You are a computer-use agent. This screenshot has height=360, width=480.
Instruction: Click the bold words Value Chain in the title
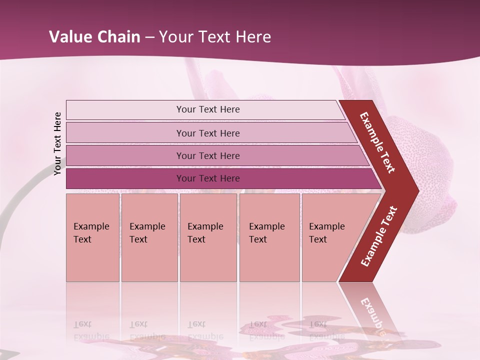coord(94,37)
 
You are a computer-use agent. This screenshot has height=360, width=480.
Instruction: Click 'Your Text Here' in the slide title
coord(215,37)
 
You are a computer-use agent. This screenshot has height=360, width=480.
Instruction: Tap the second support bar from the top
coord(208,133)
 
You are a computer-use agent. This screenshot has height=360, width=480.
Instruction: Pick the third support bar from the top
coord(208,155)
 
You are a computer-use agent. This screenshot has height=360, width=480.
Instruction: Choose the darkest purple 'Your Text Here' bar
coord(208,178)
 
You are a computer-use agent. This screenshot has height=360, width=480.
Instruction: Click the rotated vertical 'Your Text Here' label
coord(57,143)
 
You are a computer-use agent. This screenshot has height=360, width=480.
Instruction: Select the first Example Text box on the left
coord(92,237)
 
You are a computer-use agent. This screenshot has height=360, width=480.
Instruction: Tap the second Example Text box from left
coord(149,237)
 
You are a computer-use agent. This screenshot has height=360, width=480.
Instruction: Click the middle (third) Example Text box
coord(208,237)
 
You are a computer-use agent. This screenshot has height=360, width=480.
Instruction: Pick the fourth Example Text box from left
coord(269,237)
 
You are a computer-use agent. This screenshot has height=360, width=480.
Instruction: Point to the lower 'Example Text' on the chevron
coord(379,236)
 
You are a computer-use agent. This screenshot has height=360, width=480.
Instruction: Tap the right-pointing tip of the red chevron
coord(415,191)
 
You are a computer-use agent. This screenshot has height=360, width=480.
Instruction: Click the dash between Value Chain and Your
coord(149,37)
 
